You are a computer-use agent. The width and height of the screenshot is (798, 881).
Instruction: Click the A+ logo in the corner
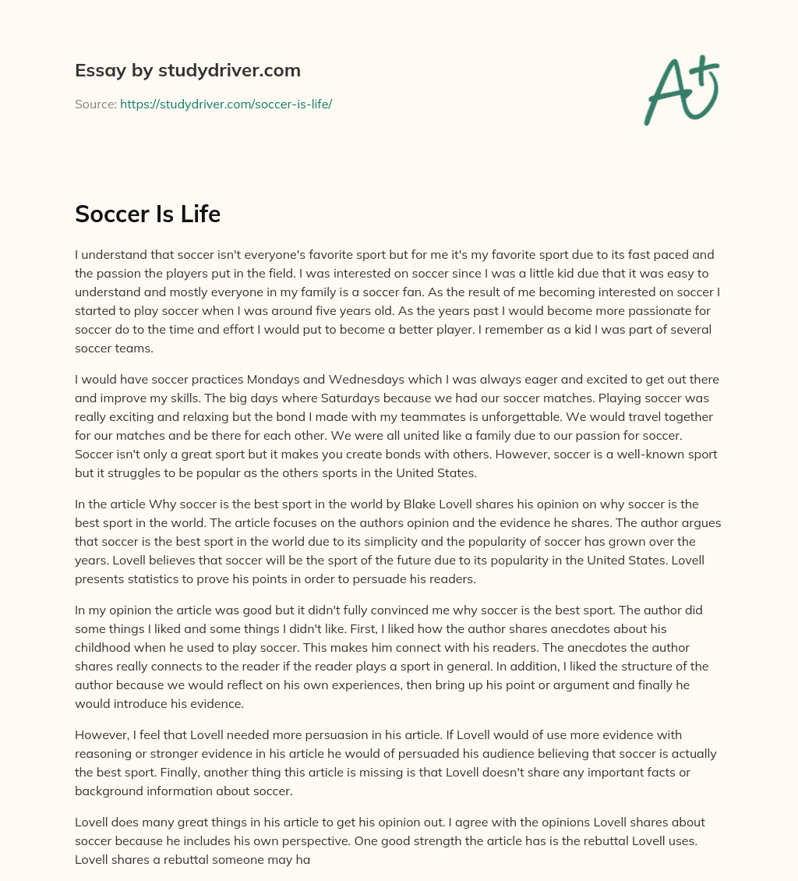[x=681, y=90]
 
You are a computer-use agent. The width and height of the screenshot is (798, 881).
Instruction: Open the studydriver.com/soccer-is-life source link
[x=226, y=104]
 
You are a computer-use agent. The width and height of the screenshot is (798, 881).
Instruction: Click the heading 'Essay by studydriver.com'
[x=188, y=70]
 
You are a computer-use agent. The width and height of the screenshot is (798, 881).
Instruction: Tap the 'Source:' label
[x=95, y=104]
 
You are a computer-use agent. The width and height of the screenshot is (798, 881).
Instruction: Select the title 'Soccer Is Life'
[x=147, y=214]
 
